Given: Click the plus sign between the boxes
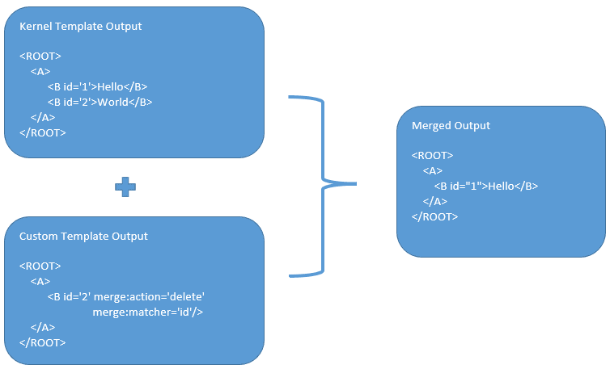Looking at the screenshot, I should (x=125, y=187).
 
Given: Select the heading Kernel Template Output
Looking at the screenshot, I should (x=80, y=26).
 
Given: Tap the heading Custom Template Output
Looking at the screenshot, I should (x=83, y=236).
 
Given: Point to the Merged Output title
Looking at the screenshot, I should (x=451, y=126).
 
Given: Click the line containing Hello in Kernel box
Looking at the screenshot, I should (x=96, y=86).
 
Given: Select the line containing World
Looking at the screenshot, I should (x=100, y=102).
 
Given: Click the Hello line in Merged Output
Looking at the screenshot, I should (x=485, y=186).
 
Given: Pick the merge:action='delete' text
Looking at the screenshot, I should (x=155, y=296).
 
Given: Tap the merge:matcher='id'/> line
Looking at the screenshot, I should (x=147, y=312).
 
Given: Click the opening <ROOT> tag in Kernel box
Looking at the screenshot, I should (x=40, y=56).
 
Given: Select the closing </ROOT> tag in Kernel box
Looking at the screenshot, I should (x=42, y=132).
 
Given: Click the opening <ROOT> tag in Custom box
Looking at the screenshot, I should (x=40, y=266).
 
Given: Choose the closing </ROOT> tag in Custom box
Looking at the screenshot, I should (x=42, y=342).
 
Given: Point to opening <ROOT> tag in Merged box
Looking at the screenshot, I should (x=432, y=155).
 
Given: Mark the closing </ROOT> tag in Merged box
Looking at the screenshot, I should (x=434, y=216).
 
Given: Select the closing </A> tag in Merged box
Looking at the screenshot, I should (x=434, y=201).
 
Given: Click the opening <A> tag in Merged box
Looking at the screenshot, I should (x=432, y=170).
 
